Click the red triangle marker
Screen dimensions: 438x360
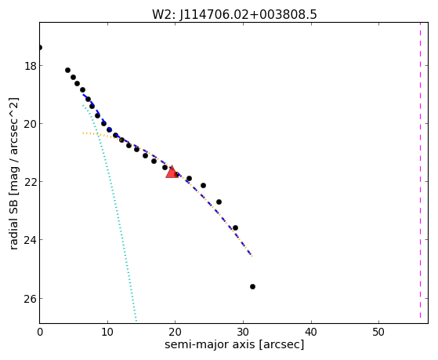[x=172, y=173]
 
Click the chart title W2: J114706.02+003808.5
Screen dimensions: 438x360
[x=234, y=15]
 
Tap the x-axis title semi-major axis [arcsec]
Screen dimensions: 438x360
[x=234, y=344]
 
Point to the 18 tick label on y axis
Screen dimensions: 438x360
[x=31, y=66]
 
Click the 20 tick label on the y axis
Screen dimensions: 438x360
[x=31, y=124]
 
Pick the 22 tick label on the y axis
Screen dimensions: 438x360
[x=31, y=182]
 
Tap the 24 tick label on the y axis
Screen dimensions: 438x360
[x=31, y=240]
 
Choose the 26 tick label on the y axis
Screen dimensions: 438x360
[x=31, y=299]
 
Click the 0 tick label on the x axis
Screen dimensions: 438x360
[x=40, y=332]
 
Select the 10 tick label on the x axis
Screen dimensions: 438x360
[x=107, y=332]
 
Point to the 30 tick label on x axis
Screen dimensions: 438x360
[x=243, y=332]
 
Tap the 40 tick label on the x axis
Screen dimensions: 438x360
[x=311, y=332]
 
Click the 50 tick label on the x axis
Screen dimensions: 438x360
[x=378, y=332]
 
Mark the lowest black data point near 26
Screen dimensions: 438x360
[x=252, y=287]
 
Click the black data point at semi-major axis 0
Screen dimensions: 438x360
[x=40, y=47]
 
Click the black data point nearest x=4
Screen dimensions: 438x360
[x=67, y=71]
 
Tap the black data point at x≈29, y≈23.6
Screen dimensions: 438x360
[x=236, y=227]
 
